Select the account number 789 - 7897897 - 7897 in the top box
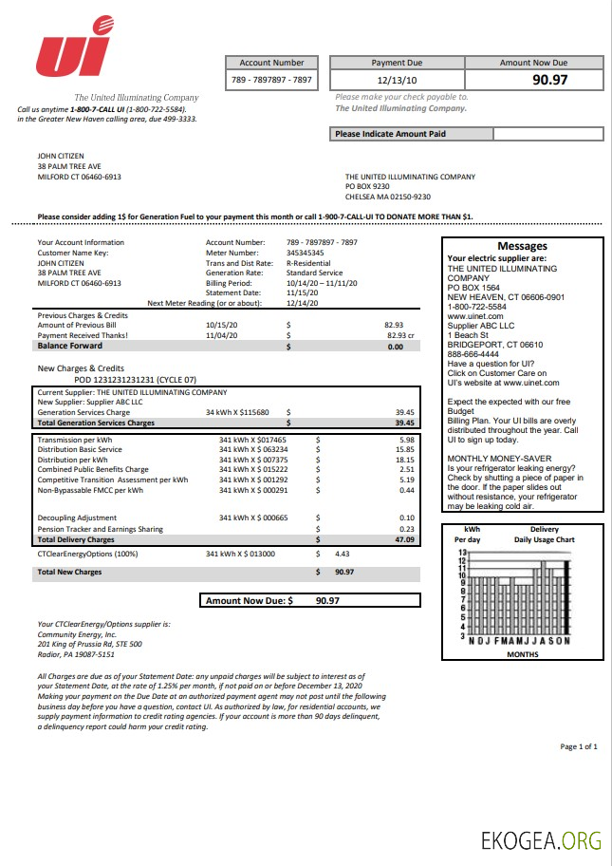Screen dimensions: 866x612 [271, 81]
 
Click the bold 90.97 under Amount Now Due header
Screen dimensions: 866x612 [549, 80]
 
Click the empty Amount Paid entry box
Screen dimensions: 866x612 [547, 134]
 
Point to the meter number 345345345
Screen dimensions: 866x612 [305, 253]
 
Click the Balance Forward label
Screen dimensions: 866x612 [69, 347]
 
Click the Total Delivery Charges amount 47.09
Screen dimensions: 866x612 [404, 539]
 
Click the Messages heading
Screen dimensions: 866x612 [522, 246]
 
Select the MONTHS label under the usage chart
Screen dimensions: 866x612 [522, 654]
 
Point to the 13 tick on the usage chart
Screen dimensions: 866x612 [462, 553]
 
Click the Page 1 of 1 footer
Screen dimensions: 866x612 [579, 747]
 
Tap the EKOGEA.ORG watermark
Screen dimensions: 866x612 [542, 839]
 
